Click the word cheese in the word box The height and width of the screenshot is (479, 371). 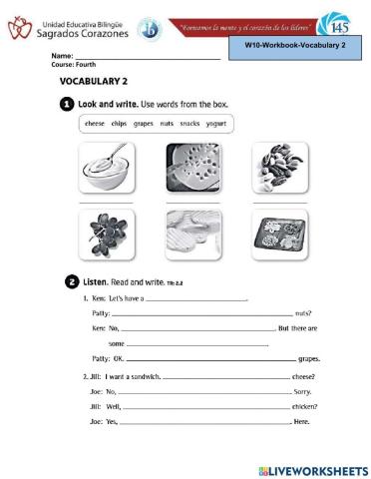[x=95, y=124]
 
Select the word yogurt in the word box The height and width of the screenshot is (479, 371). [x=215, y=124]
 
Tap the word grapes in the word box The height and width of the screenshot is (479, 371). [x=143, y=124]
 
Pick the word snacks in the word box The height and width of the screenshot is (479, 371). [x=189, y=124]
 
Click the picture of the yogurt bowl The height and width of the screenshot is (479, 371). [x=104, y=168]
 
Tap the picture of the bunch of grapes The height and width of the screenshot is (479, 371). [x=104, y=234]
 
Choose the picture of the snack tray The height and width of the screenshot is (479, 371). [x=279, y=234]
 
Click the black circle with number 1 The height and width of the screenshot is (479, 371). [x=66, y=104]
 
